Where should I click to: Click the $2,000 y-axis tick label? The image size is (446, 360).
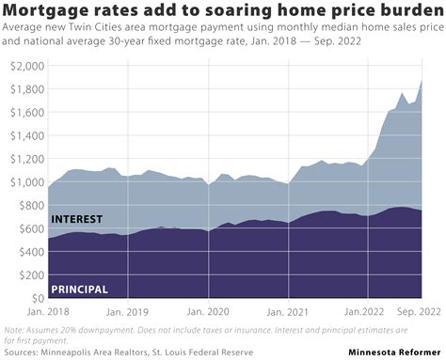pos(23,68)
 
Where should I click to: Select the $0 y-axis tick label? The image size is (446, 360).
pos(35,298)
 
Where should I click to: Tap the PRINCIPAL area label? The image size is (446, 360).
pos(80,289)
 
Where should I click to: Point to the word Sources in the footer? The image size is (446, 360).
pos(23,352)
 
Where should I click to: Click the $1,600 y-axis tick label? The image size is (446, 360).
pos(23,114)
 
